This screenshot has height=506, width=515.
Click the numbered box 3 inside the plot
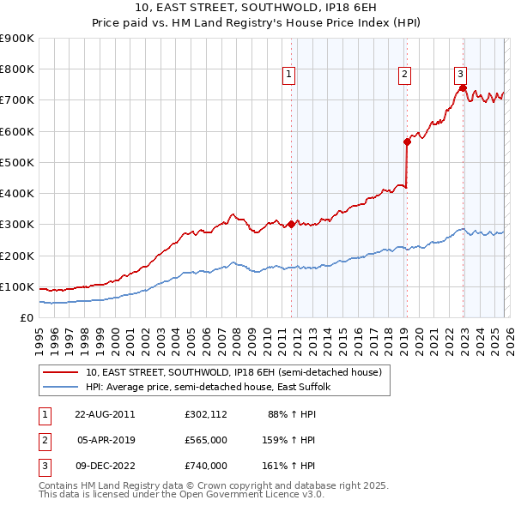pos(460,75)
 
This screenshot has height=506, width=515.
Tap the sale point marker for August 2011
pos(291,224)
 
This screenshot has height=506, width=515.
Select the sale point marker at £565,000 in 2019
pos(406,142)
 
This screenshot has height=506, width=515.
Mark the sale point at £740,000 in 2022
pos(463,87)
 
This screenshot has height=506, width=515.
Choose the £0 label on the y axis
pos(26,318)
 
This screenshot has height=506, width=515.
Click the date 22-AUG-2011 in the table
pos(105,413)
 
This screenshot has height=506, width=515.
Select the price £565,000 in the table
pos(205,439)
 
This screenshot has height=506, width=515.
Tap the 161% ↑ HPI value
pos(289,465)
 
